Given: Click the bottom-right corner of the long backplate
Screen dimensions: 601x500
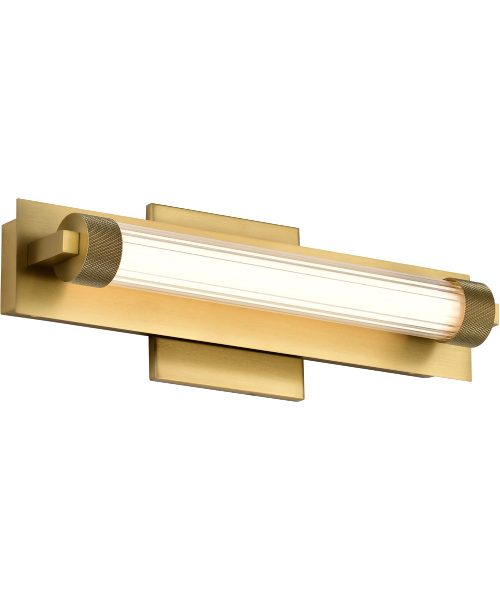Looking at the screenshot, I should [x=470, y=381].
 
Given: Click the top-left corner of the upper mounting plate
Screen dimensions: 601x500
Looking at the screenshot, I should [x=147, y=204].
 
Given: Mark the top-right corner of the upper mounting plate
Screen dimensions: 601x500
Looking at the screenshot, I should [x=298, y=229].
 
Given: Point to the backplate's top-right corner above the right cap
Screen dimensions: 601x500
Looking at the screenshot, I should [x=468, y=275].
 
